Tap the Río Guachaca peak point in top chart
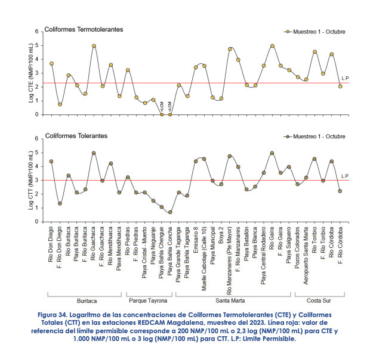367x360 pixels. (94, 46)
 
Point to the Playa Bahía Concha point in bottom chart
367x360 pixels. (170, 212)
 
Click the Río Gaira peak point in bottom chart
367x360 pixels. (272, 153)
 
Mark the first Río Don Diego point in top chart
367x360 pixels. (51, 63)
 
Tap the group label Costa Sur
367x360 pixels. (319, 301)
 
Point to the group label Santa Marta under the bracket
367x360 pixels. (233, 301)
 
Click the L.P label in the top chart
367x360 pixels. (345, 78)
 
